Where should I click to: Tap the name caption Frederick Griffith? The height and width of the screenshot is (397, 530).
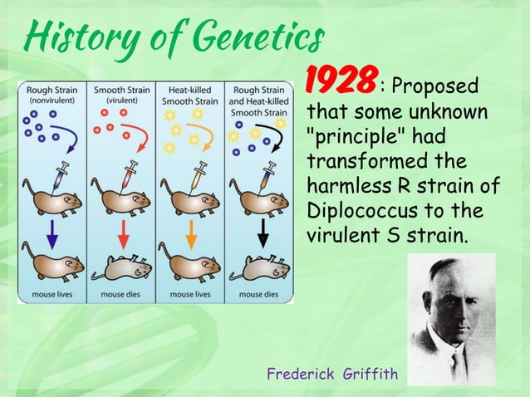[x=332, y=375]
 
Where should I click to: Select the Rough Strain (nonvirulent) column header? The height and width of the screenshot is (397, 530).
[x=52, y=94]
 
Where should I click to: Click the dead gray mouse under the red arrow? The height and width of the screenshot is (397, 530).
[x=121, y=267]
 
